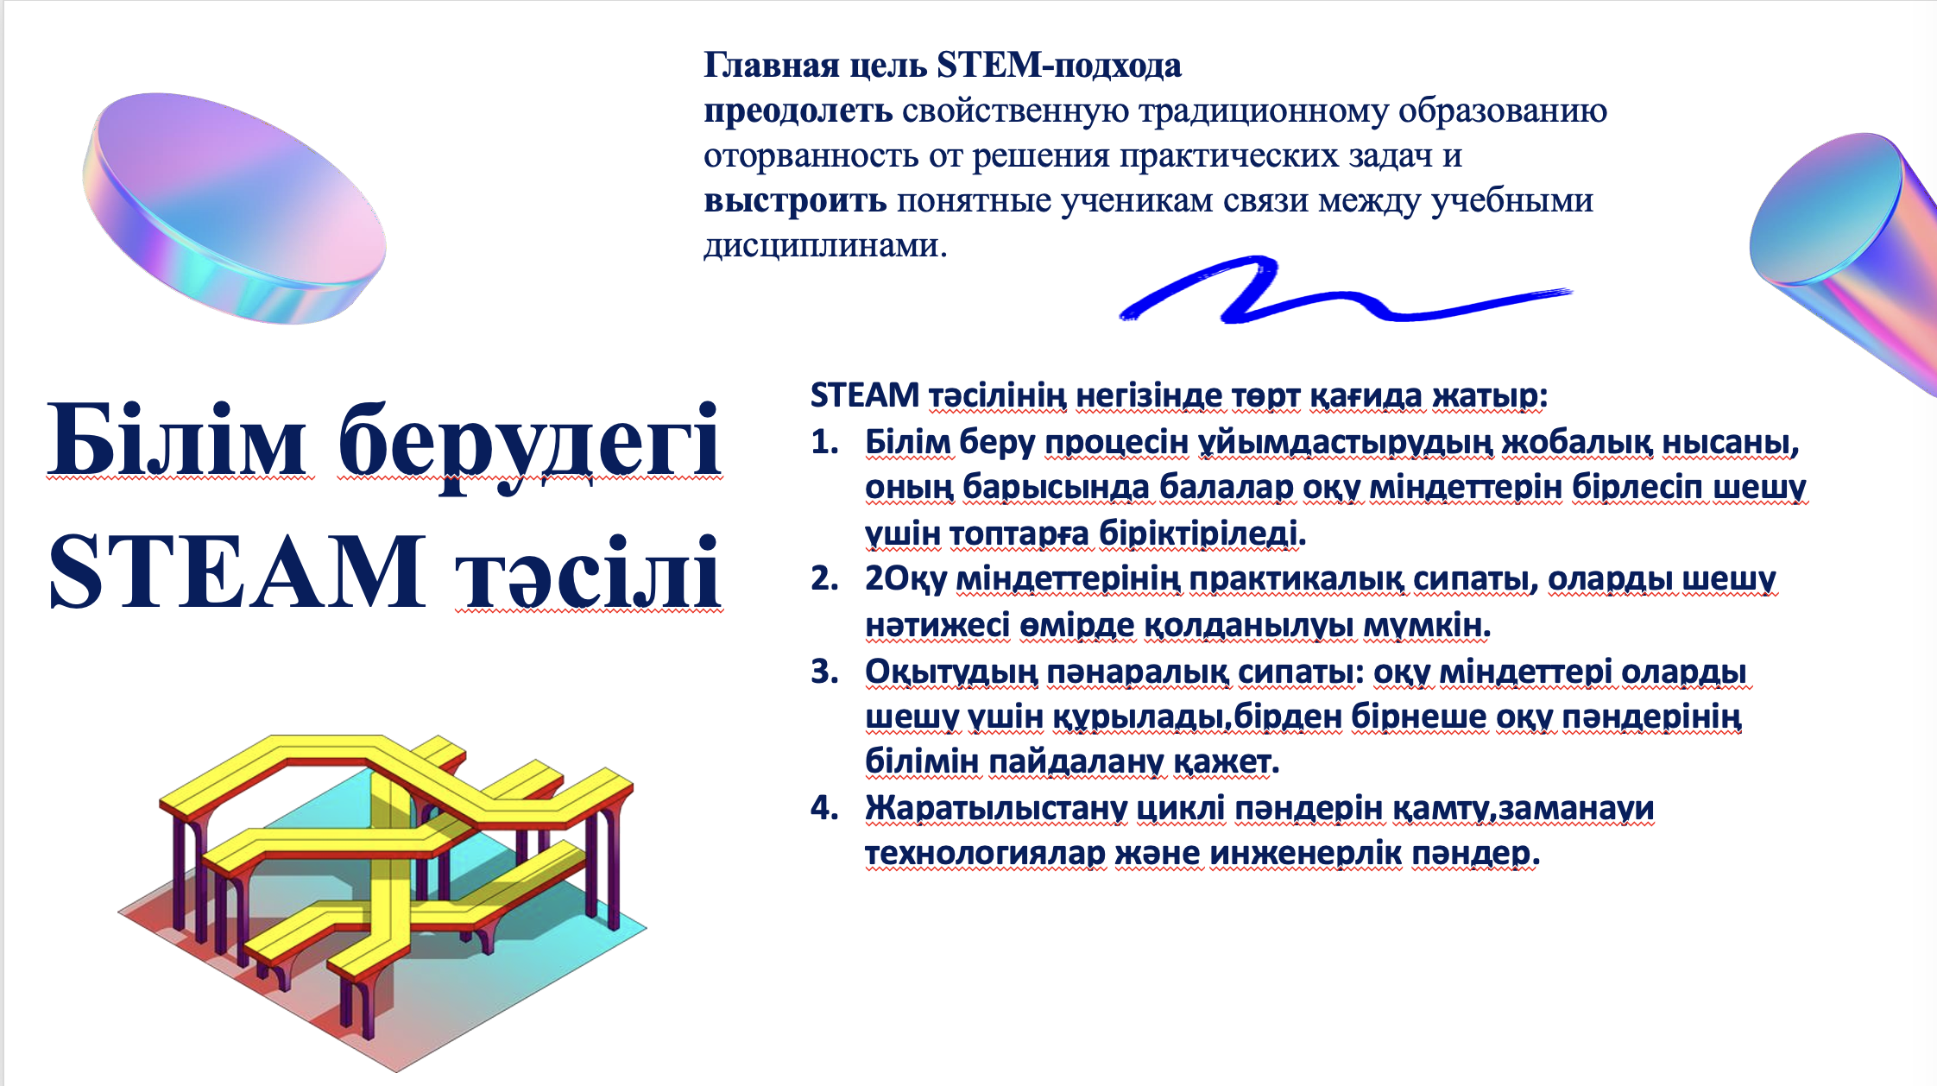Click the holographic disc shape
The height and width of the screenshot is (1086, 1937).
234,208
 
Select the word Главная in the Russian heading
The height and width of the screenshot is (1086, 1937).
772,65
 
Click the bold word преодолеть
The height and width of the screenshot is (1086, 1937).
798,111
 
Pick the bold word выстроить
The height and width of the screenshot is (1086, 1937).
795,201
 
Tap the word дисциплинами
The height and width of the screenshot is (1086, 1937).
824,246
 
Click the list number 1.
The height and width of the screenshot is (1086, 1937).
824,442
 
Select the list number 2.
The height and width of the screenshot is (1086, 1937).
824,578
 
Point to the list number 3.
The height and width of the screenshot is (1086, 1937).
824,671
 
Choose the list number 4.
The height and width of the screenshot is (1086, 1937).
824,807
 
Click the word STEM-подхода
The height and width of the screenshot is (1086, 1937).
1059,66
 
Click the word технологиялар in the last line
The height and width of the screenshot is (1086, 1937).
985,854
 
